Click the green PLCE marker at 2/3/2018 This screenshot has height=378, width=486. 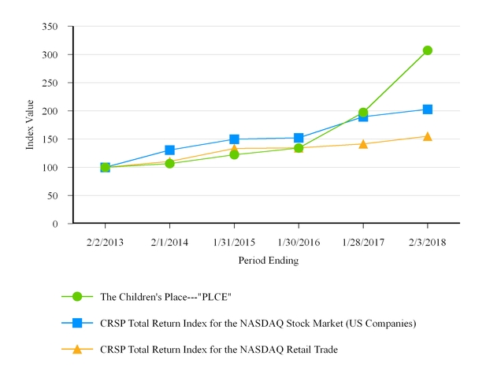tap(427, 50)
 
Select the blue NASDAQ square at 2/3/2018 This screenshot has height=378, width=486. tap(427, 109)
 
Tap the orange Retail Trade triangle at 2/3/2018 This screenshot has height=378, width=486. tap(427, 136)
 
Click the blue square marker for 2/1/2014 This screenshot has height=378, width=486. tap(169, 150)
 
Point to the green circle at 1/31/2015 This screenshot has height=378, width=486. tap(234, 154)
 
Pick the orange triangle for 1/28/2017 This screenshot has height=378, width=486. tap(363, 144)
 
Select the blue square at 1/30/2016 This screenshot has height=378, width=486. tap(299, 138)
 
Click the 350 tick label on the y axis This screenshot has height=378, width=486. tap(50, 27)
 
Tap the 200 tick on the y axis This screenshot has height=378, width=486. tap(50, 111)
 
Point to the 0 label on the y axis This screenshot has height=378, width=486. tap(55, 224)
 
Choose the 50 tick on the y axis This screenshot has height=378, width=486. tap(53, 195)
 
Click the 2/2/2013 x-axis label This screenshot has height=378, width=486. tap(105, 242)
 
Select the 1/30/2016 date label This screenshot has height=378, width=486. tap(299, 242)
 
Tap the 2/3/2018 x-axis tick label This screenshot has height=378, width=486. tap(427, 242)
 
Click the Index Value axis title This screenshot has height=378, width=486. tap(30, 124)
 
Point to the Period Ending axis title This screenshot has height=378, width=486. tap(268, 260)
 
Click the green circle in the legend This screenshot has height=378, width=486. tap(76, 296)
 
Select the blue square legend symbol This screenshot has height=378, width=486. tap(76, 323)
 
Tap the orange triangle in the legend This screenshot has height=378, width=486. tap(76, 349)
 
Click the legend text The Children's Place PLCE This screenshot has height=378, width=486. tap(165, 297)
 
